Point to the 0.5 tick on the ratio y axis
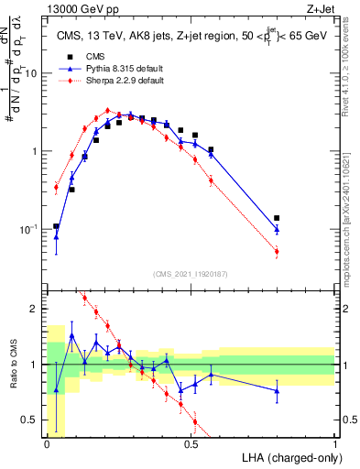tap(32, 420)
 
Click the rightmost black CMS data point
tap(277, 218)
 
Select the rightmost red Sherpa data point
tap(277, 251)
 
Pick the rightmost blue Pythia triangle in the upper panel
tap(277, 229)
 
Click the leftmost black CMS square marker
tap(57, 225)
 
